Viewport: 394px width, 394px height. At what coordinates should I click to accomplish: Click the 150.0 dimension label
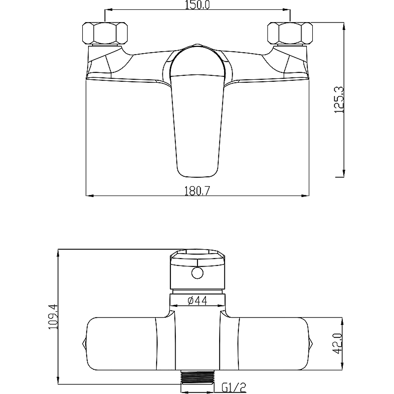pyautogui.click(x=197, y=5)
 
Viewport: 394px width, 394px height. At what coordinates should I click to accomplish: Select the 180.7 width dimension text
pyautogui.click(x=197, y=191)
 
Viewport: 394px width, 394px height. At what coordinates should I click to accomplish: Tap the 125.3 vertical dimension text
pyautogui.click(x=339, y=100)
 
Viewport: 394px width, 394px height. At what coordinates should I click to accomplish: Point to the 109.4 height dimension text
pyautogui.click(x=53, y=317)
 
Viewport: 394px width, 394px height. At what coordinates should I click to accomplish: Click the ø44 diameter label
pyautogui.click(x=197, y=300)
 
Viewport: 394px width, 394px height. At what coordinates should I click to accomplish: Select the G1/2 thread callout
pyautogui.click(x=234, y=388)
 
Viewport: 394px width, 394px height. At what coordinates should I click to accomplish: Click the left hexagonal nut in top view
pyautogui.click(x=105, y=33)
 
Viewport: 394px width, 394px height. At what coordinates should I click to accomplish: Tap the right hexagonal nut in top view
pyautogui.click(x=290, y=33)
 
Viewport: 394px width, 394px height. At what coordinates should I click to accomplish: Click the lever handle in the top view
pyautogui.click(x=197, y=110)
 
